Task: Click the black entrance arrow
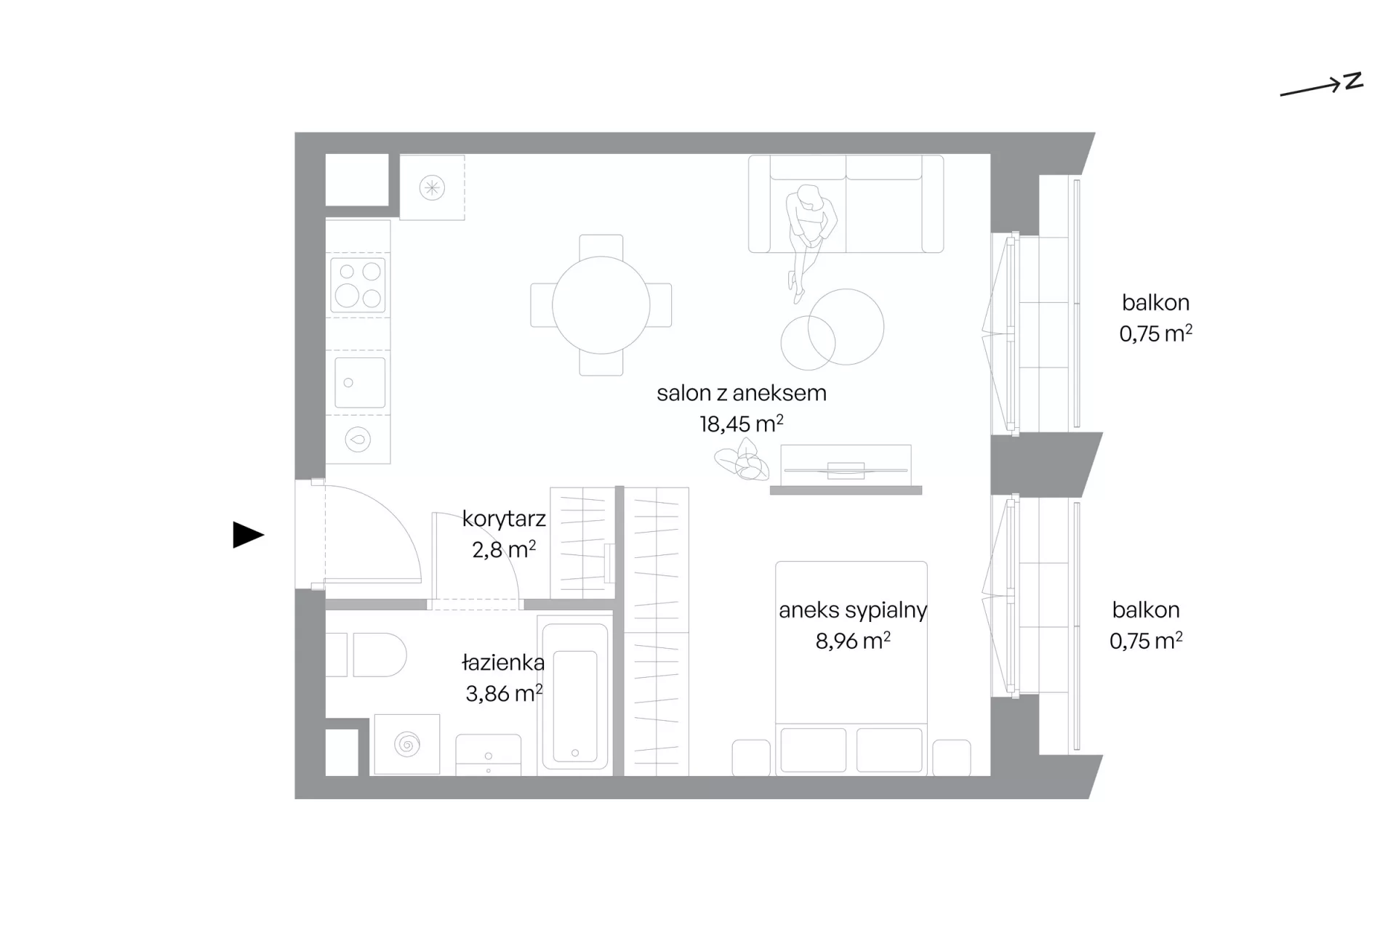[248, 535]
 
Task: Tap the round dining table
[601, 305]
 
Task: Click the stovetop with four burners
[358, 284]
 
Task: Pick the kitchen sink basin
[359, 382]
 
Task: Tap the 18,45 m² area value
[741, 424]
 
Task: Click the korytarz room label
[504, 519]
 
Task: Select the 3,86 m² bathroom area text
[504, 694]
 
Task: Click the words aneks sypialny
[853, 610]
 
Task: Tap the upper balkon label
[1155, 302]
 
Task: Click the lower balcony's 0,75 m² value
[1146, 641]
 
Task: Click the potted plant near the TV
[742, 463]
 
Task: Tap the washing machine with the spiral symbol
[406, 745]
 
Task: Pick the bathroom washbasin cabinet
[488, 755]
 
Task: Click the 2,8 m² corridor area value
[504, 550]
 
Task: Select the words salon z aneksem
[742, 393]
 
